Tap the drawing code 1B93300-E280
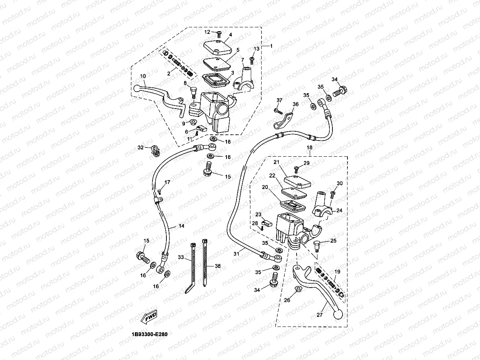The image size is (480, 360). click(x=149, y=335)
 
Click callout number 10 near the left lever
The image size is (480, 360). click(x=143, y=76)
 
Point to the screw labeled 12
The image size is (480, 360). click(x=219, y=34)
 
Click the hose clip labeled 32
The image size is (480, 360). click(x=154, y=151)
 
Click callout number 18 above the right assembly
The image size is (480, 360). click(x=309, y=147)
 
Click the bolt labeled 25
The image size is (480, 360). click(x=317, y=244)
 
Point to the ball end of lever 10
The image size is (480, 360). click(x=138, y=88)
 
